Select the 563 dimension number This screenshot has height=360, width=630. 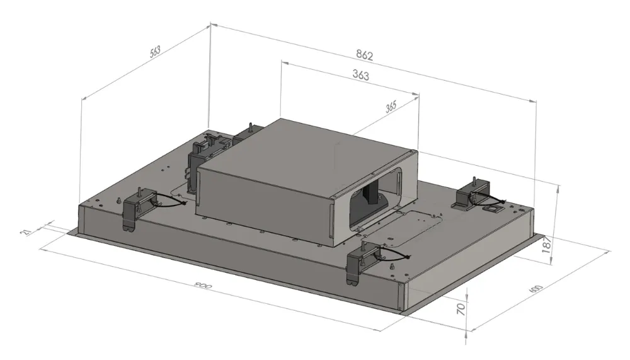[x=155, y=52]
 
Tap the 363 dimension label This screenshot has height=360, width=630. [x=360, y=75]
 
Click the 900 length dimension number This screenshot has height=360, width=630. [x=203, y=287]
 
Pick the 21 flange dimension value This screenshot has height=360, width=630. [x=26, y=233]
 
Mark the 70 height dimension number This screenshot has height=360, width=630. [x=461, y=308]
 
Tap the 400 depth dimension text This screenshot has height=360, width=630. [x=536, y=289]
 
